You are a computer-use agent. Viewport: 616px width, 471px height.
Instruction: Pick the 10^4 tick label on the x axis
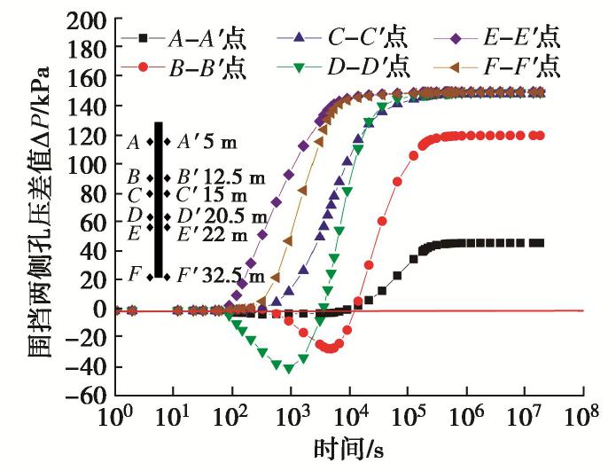(x=348, y=418)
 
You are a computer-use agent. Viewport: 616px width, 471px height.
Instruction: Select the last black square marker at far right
(x=538, y=242)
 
